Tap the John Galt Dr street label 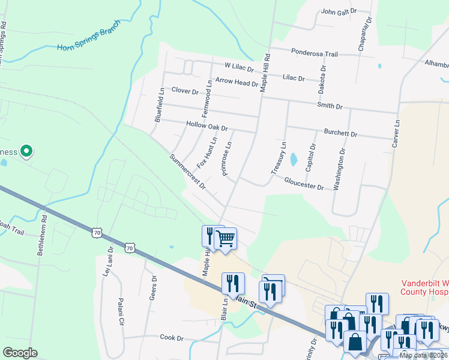pyautogui.click(x=339, y=11)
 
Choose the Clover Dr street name pyautogui.click(x=185, y=91)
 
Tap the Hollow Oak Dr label pyautogui.click(x=207, y=127)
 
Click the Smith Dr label pyautogui.click(x=330, y=106)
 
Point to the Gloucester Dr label pyautogui.click(x=304, y=183)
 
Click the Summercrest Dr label pyautogui.click(x=187, y=171)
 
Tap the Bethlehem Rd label pyautogui.click(x=42, y=236)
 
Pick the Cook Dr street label pyautogui.click(x=172, y=338)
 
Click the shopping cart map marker pyautogui.click(x=226, y=238)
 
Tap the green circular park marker pyautogui.click(x=26, y=152)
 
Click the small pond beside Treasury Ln pyautogui.click(x=294, y=160)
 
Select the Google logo pyautogui.click(x=20, y=353)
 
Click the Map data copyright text pyautogui.click(x=423, y=355)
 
